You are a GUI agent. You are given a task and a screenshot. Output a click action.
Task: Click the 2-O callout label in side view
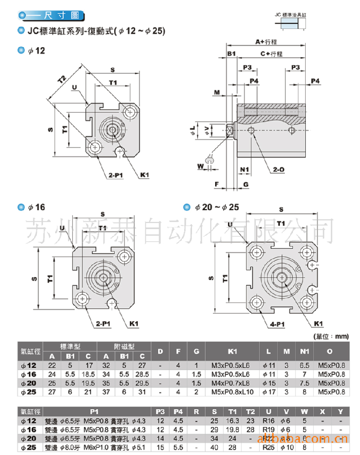[x=279, y=169]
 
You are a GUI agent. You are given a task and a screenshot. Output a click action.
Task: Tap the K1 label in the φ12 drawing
[x=144, y=175]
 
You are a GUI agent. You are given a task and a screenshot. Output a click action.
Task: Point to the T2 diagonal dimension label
[x=62, y=80]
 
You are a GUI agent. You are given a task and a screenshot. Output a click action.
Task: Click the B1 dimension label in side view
[x=231, y=53]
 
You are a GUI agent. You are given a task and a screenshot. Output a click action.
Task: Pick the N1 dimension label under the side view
[x=244, y=170]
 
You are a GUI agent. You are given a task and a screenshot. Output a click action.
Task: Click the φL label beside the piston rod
[x=192, y=130]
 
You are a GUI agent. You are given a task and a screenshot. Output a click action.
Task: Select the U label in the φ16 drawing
[x=61, y=228]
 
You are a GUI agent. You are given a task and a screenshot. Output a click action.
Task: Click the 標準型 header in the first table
[x=72, y=346]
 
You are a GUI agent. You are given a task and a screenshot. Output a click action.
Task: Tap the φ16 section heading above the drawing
[x=32, y=207]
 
